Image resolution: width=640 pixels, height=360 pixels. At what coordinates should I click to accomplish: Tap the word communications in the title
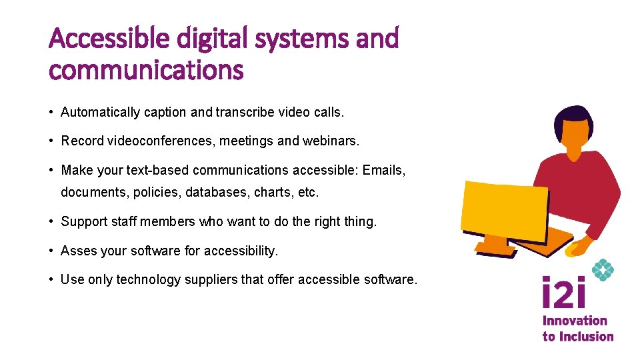coord(147,69)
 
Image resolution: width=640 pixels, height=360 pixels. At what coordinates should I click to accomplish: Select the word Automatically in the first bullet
coord(100,113)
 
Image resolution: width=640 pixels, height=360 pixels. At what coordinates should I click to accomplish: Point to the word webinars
coord(332,141)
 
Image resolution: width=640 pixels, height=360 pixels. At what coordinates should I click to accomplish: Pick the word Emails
coord(384,170)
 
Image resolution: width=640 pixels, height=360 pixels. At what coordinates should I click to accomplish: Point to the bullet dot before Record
coord(52,141)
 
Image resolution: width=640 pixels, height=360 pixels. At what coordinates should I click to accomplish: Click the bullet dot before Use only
coord(52,279)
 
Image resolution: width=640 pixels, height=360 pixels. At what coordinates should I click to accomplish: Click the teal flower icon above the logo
coord(603,270)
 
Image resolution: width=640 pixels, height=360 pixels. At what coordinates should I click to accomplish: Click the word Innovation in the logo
coord(575,321)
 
